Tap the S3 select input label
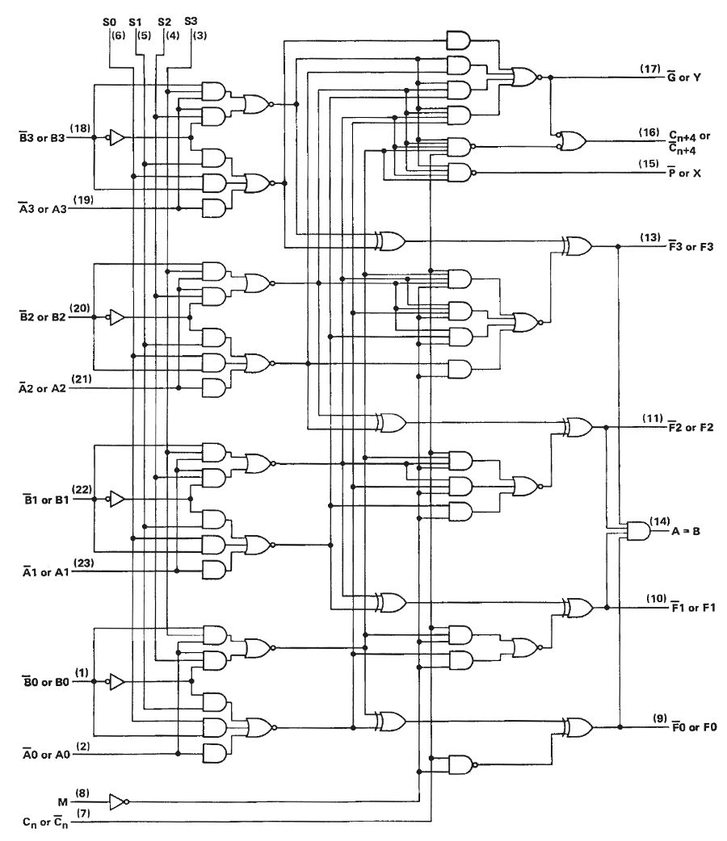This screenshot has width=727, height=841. [x=191, y=22]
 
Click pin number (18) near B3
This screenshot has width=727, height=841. [x=80, y=128]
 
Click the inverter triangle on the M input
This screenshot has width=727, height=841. [x=118, y=801]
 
